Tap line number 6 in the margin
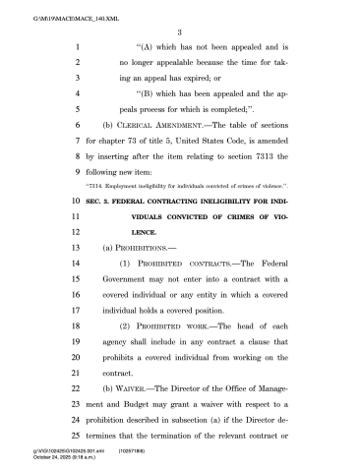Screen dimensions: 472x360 (76, 127)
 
